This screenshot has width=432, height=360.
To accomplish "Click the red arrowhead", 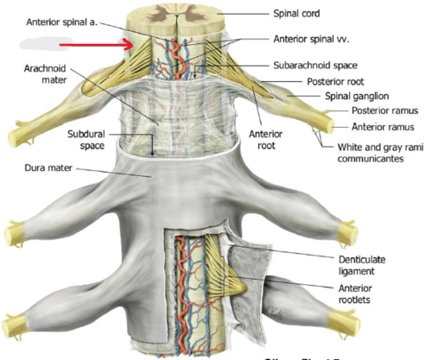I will pyautogui.click(x=130, y=42).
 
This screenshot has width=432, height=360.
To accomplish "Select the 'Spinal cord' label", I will pyautogui.click(x=296, y=15).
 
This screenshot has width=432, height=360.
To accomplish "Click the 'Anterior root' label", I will pyautogui.click(x=263, y=140).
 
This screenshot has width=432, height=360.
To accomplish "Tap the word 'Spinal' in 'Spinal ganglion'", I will pyautogui.click(x=337, y=96).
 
